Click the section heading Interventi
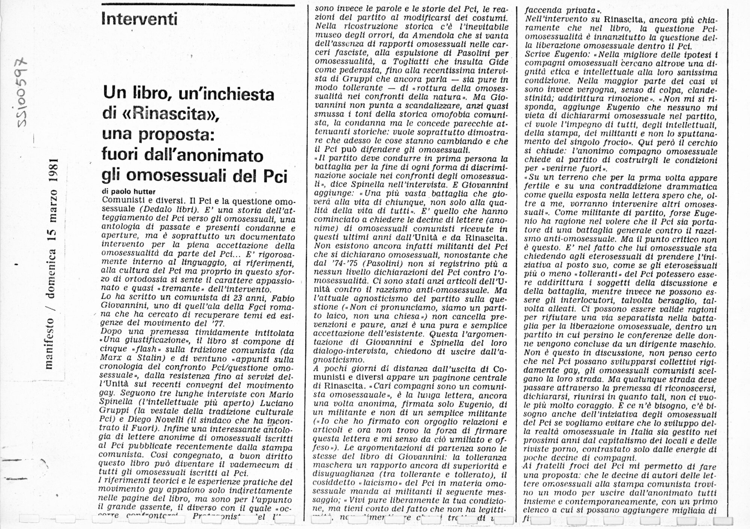pos(139,19)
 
